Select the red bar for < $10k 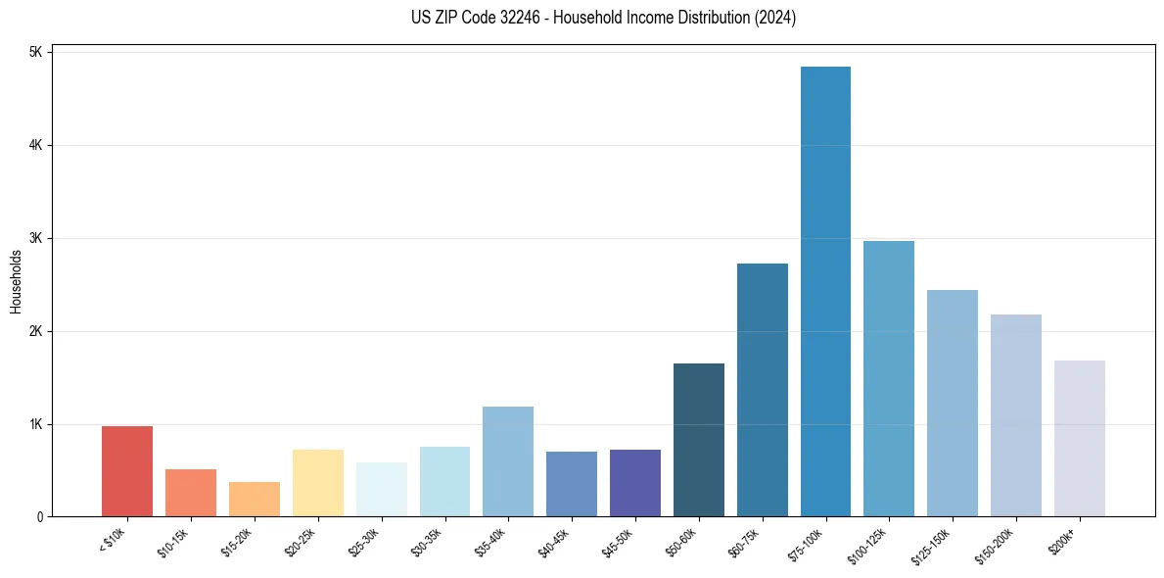(x=127, y=471)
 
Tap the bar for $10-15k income (x=191, y=493)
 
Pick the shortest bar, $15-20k (x=255, y=500)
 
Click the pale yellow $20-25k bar (x=317, y=483)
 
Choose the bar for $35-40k (x=508, y=461)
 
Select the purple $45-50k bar (x=635, y=483)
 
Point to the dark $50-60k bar (x=699, y=440)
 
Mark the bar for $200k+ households (x=1080, y=439)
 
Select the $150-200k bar (x=1016, y=415)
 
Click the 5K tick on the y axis (x=35, y=52)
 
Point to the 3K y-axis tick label (x=35, y=238)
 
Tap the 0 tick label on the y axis (x=38, y=517)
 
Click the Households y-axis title (x=17, y=281)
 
